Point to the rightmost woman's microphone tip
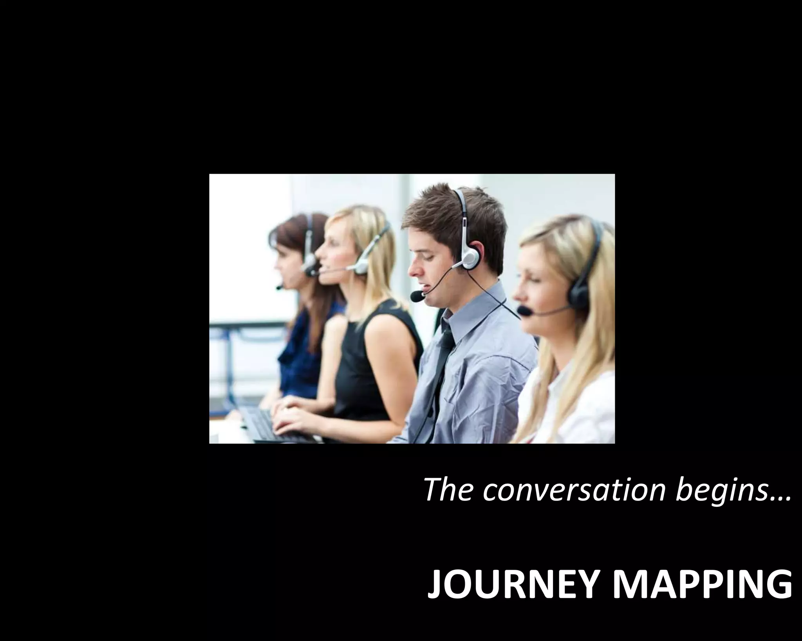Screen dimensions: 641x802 (x=524, y=311)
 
